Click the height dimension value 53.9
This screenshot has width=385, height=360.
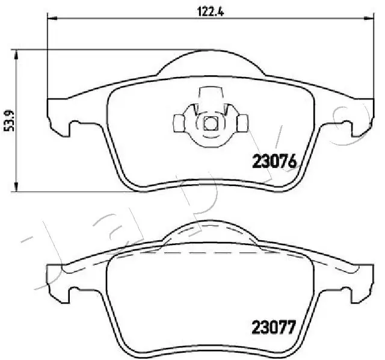[x=8, y=120]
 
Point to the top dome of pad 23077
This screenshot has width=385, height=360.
[x=209, y=226]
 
